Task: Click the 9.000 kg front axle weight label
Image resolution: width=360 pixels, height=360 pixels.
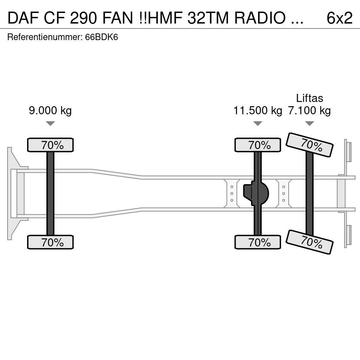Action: click(x=50, y=111)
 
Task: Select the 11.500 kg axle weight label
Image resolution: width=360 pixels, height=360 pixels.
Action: click(x=258, y=111)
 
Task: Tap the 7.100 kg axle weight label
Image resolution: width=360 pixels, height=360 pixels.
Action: click(x=309, y=111)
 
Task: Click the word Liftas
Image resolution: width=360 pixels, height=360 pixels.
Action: click(x=309, y=98)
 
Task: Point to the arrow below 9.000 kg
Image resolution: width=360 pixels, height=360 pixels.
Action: click(x=50, y=123)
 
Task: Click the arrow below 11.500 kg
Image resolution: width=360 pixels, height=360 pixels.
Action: click(x=258, y=123)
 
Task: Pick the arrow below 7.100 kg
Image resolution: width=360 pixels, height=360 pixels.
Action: click(x=309, y=123)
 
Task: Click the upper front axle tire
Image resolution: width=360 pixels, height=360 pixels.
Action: click(x=50, y=145)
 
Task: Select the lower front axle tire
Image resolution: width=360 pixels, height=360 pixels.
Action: click(x=50, y=242)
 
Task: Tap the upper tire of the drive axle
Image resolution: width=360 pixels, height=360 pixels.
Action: click(x=258, y=145)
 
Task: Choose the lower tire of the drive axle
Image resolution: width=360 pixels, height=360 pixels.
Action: click(x=258, y=242)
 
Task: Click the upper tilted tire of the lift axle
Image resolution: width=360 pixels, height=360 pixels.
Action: click(x=309, y=144)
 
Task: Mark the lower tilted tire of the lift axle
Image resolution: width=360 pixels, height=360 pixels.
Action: click(x=309, y=242)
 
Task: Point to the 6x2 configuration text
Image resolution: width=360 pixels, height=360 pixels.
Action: click(x=339, y=18)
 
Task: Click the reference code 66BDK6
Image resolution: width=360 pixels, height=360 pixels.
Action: click(x=102, y=37)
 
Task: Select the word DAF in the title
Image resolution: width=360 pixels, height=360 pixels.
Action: click(x=22, y=18)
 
